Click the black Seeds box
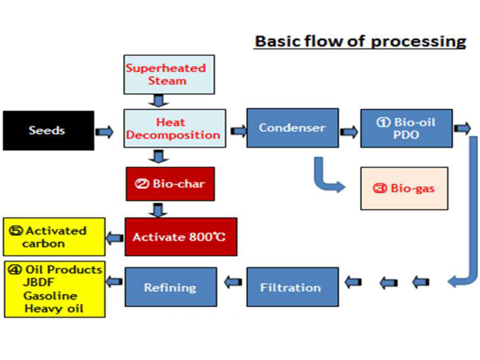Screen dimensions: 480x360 click(49, 130)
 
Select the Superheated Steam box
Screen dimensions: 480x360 click(169, 74)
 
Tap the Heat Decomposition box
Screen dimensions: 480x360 click(175, 128)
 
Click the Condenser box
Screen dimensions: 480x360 click(292, 128)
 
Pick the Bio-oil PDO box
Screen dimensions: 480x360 click(406, 128)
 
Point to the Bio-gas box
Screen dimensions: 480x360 click(404, 189)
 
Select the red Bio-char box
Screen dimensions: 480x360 click(170, 184)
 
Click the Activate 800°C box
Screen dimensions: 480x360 click(181, 237)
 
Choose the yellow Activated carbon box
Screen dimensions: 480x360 click(54, 237)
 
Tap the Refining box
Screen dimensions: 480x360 click(171, 287)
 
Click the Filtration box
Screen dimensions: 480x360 click(292, 287)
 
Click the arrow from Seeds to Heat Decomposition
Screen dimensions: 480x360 click(104, 132)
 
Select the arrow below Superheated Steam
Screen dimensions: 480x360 click(158, 101)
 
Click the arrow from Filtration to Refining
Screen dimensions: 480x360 click(233, 282)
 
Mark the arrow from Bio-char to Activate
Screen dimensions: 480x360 click(158, 210)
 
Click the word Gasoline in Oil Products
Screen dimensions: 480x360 click(50, 296)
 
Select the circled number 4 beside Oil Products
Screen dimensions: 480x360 click(15, 270)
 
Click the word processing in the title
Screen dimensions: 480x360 click(418, 42)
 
